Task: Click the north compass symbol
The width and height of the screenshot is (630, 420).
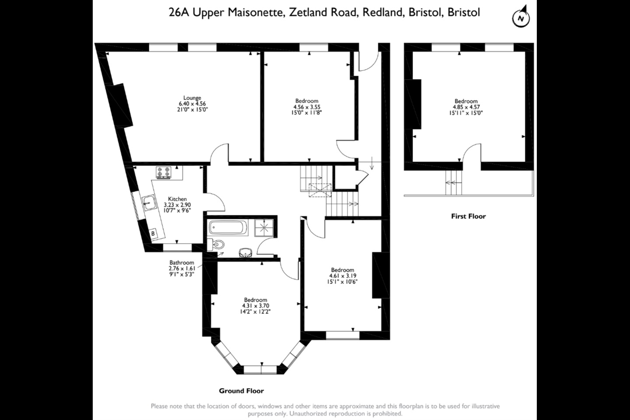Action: [x=521, y=18]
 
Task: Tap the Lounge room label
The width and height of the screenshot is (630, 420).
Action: [x=192, y=98]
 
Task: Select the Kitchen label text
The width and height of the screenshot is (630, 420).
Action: [x=177, y=199]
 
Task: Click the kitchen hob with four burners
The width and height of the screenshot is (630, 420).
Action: [x=164, y=173]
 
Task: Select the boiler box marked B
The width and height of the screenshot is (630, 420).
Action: [x=153, y=234]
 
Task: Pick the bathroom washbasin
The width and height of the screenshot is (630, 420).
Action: [x=245, y=252]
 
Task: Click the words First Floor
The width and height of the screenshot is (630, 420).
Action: [x=468, y=216]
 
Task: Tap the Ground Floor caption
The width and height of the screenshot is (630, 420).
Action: [x=241, y=391]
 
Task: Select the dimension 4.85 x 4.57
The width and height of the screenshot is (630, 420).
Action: [x=466, y=107]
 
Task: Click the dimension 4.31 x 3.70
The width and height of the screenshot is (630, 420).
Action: [x=255, y=306]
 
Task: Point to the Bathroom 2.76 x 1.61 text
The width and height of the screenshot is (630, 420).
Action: [x=182, y=268]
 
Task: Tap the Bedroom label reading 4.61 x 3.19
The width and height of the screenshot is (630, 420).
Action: [x=342, y=276]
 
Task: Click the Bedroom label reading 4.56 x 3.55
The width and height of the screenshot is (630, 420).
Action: [x=307, y=107]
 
